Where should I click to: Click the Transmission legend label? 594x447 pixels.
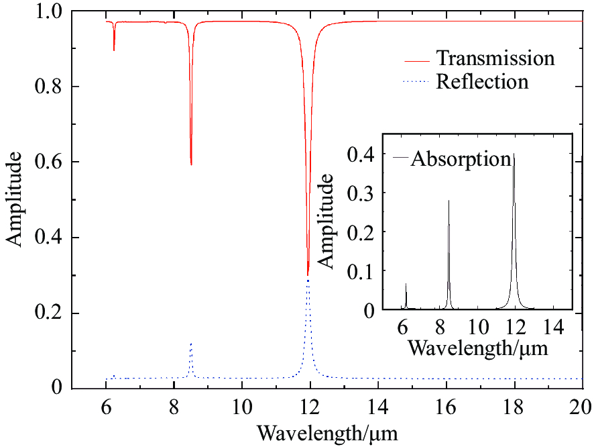[x=495, y=58]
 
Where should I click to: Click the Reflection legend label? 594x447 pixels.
[x=482, y=82]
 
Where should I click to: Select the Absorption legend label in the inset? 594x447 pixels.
[x=461, y=159]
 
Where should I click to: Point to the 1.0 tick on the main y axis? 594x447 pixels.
[x=50, y=12]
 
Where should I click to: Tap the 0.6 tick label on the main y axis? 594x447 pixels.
[x=50, y=162]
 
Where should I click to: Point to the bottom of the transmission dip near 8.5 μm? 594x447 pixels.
[x=191, y=164]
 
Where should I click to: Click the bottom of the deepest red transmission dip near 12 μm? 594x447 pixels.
[x=308, y=275]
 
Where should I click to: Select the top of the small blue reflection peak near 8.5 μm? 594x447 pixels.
[x=191, y=344]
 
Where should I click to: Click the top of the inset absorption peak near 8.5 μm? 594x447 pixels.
[x=449, y=201]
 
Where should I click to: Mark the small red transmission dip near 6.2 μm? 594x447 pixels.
[x=114, y=50]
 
